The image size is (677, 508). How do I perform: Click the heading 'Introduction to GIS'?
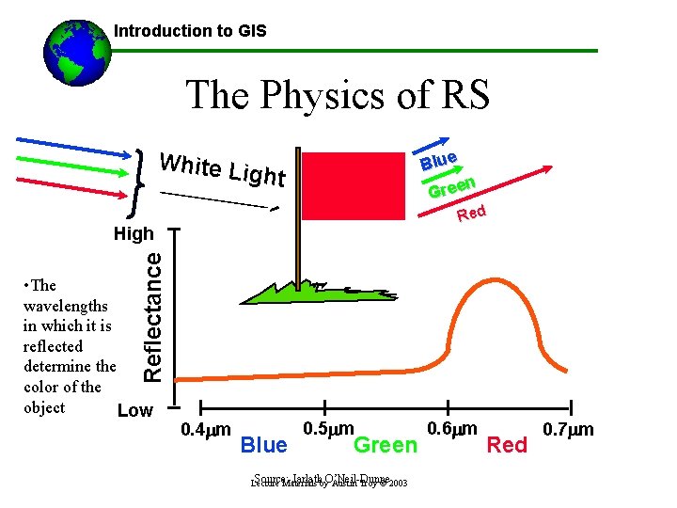pyautogui.click(x=190, y=31)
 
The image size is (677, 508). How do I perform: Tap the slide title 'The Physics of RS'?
pyautogui.click(x=338, y=95)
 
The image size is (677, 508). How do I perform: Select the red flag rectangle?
pyautogui.click(x=344, y=188)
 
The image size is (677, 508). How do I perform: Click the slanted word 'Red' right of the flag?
pyautogui.click(x=471, y=214)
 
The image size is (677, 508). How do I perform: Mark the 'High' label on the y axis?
pyautogui.click(x=134, y=232)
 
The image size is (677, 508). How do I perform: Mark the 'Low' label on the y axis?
pyautogui.click(x=134, y=410)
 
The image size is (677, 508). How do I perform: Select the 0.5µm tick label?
pyautogui.click(x=327, y=429)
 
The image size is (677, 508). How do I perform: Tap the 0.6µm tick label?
pyautogui.click(x=452, y=429)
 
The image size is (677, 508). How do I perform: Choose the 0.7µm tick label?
pyautogui.click(x=569, y=430)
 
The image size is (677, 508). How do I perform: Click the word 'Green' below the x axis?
pyautogui.click(x=385, y=445)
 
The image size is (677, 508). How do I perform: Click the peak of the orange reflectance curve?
pyautogui.click(x=496, y=278)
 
